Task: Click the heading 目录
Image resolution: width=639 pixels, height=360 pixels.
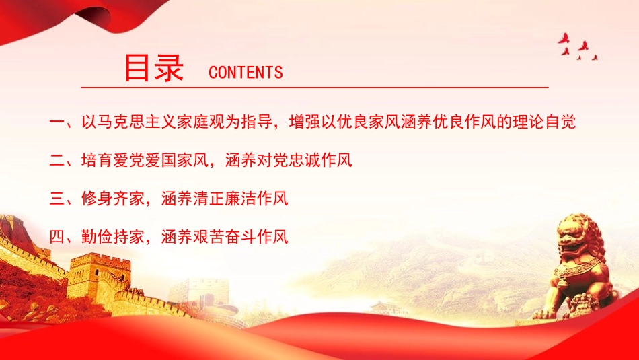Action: (x=155, y=68)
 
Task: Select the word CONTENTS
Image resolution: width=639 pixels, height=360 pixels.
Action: (x=246, y=73)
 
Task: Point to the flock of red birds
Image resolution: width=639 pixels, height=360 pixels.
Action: (x=577, y=47)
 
